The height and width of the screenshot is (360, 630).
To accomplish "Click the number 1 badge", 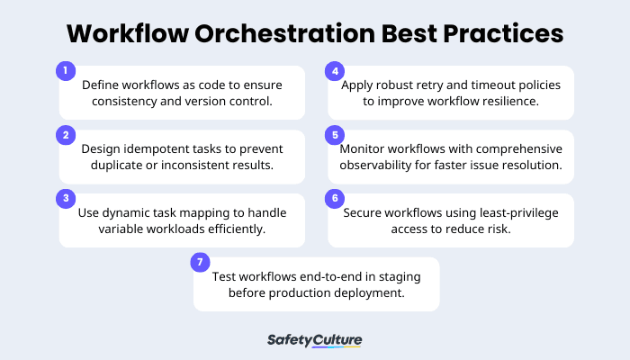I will click(x=64, y=70).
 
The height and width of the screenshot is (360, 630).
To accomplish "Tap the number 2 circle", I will click(x=64, y=134).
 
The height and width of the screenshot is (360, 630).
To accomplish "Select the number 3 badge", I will click(x=64, y=198).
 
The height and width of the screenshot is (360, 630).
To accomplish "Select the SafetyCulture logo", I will click(x=315, y=340).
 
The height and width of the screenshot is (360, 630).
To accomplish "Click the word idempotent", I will click(x=156, y=148).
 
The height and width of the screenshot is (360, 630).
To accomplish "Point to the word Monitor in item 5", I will click(x=364, y=148).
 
